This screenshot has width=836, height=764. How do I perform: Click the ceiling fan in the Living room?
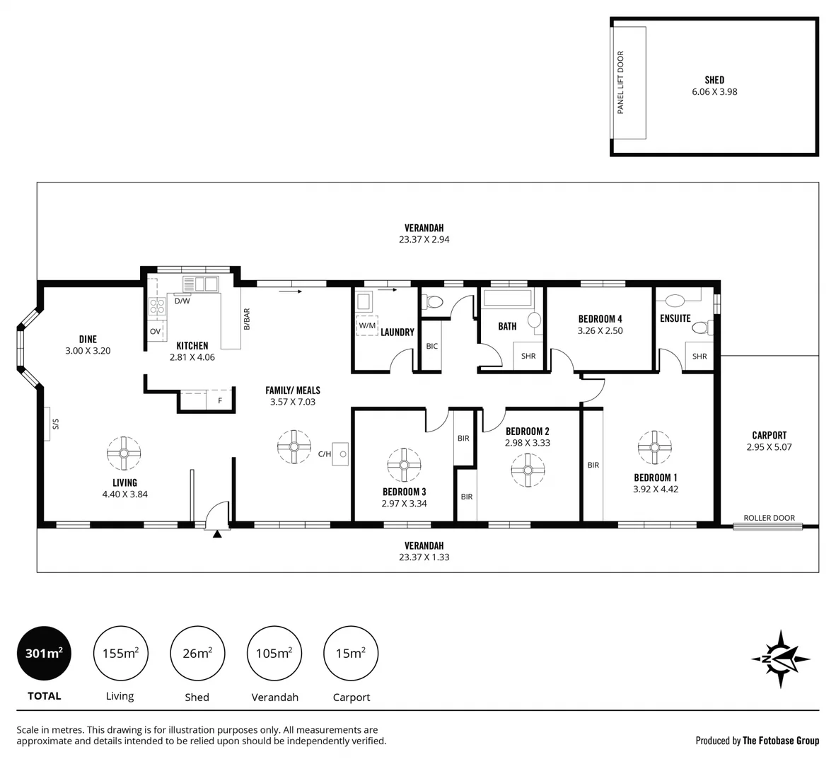tap(124, 453)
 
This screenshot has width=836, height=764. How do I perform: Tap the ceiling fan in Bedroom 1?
tap(655, 446)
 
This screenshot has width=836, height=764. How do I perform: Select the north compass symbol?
tap(781, 659)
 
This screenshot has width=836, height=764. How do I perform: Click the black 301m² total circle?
tap(44, 653)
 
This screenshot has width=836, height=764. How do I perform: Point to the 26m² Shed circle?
tap(197, 653)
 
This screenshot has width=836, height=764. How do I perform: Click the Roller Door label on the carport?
tap(769, 518)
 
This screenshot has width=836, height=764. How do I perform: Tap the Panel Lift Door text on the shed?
tap(621, 83)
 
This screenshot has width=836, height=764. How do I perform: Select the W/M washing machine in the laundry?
tap(367, 325)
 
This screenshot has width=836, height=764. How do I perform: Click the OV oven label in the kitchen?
tap(155, 331)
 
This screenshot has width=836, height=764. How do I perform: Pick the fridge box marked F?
tap(220, 400)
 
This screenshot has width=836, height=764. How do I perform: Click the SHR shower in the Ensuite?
tap(699, 357)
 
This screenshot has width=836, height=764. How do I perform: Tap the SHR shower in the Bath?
tap(528, 356)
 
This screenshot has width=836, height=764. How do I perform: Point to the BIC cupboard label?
tap(431, 346)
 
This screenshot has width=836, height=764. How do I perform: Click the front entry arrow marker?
tap(217, 533)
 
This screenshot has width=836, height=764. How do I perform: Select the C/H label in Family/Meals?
tap(325, 454)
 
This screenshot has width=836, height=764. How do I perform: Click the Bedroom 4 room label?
tap(600, 319)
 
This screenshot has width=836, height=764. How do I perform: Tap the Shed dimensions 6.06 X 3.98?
tap(714, 92)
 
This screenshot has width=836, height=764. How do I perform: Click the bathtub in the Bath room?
tap(506, 298)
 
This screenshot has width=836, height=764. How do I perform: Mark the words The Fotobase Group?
tap(780, 741)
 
